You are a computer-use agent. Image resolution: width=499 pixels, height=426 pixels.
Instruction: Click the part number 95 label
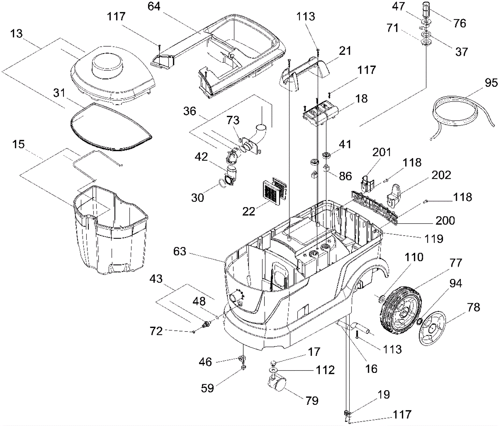coord(491,83)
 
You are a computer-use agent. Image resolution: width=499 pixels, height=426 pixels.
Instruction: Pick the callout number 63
coord(180,252)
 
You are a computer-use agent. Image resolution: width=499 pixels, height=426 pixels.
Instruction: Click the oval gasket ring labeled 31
coord(109,128)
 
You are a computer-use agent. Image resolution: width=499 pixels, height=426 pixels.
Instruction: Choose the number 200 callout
coord(445,221)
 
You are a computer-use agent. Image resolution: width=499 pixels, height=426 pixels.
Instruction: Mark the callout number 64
coord(154,6)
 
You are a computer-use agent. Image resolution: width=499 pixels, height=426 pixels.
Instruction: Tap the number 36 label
coord(190,111)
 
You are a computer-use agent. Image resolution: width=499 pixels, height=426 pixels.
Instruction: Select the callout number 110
coord(414,257)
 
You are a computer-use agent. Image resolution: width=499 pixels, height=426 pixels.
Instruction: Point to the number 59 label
coord(207,388)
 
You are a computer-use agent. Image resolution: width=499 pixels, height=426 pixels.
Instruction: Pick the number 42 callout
coord(201,157)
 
